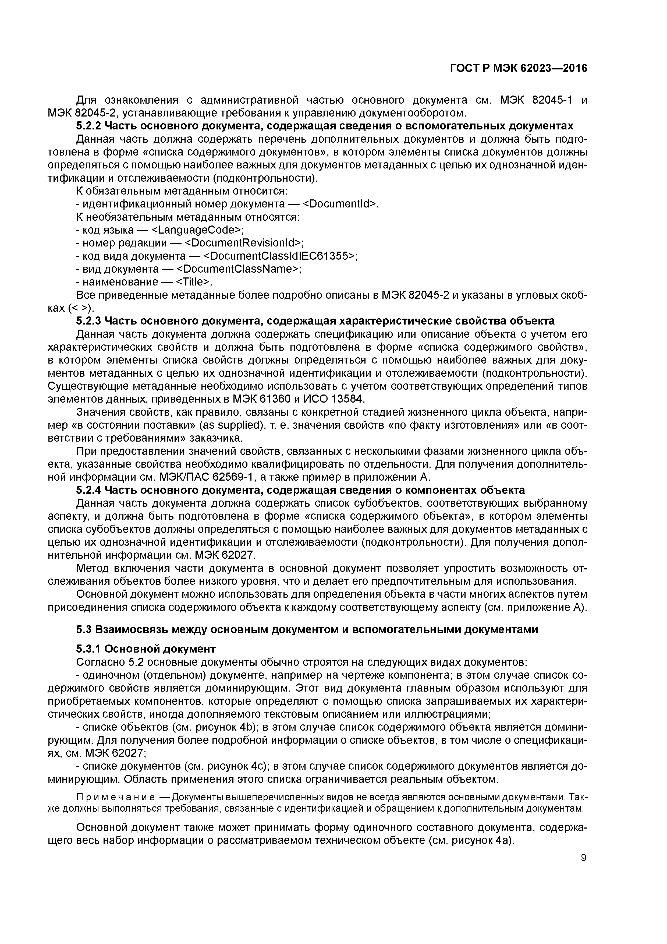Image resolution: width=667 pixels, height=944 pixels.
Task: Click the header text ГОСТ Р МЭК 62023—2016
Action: click(x=519, y=68)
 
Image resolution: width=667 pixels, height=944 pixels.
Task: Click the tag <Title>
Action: click(x=193, y=282)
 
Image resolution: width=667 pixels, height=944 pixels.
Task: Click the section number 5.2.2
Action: click(x=89, y=126)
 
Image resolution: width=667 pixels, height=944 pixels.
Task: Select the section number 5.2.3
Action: click(x=89, y=321)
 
